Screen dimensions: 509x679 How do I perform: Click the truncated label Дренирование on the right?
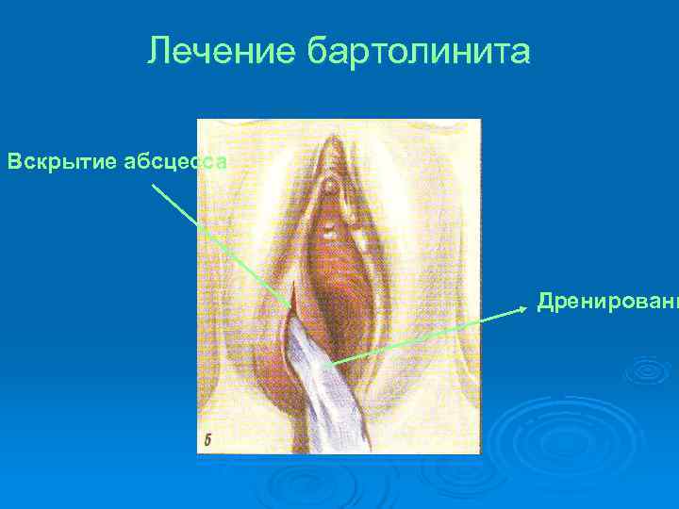(x=606, y=303)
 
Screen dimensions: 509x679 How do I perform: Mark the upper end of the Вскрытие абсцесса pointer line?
(x=154, y=185)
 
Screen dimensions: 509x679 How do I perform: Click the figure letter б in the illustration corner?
(x=208, y=440)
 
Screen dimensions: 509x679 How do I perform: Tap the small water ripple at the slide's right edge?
(x=651, y=369)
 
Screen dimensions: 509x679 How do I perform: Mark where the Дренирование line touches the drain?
(x=323, y=364)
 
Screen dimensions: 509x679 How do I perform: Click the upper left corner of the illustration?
(x=197, y=120)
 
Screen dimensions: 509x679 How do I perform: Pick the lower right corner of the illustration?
(x=480, y=453)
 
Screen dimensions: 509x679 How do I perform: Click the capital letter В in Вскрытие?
(x=14, y=161)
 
